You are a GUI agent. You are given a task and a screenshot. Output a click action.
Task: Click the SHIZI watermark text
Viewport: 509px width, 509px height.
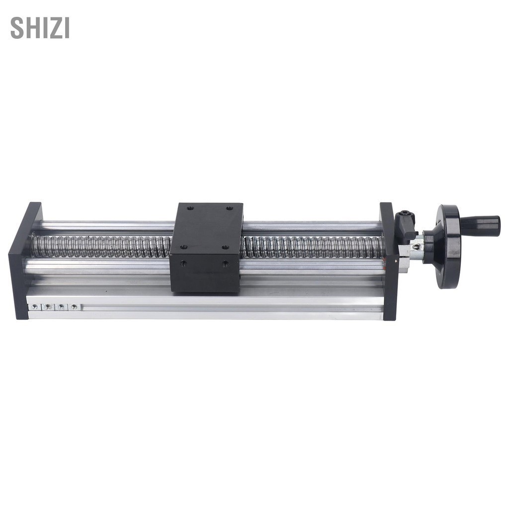pyautogui.click(x=40, y=28)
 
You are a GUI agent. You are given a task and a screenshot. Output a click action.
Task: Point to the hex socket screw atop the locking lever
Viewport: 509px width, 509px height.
pyautogui.click(x=404, y=214)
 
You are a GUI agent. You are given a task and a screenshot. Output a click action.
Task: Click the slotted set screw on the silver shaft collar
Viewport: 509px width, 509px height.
pyautogui.click(x=415, y=247)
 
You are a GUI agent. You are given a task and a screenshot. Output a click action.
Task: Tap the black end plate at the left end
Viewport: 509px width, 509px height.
pyautogui.click(x=25, y=260)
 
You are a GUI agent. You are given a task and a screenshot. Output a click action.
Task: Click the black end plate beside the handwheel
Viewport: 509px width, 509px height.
pyautogui.click(x=389, y=261)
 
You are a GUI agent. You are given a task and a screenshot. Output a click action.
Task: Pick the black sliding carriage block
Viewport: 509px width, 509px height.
pyautogui.click(x=207, y=247)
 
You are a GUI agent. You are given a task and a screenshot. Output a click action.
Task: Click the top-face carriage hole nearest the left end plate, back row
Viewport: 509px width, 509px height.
pyautogui.click(x=190, y=207)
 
